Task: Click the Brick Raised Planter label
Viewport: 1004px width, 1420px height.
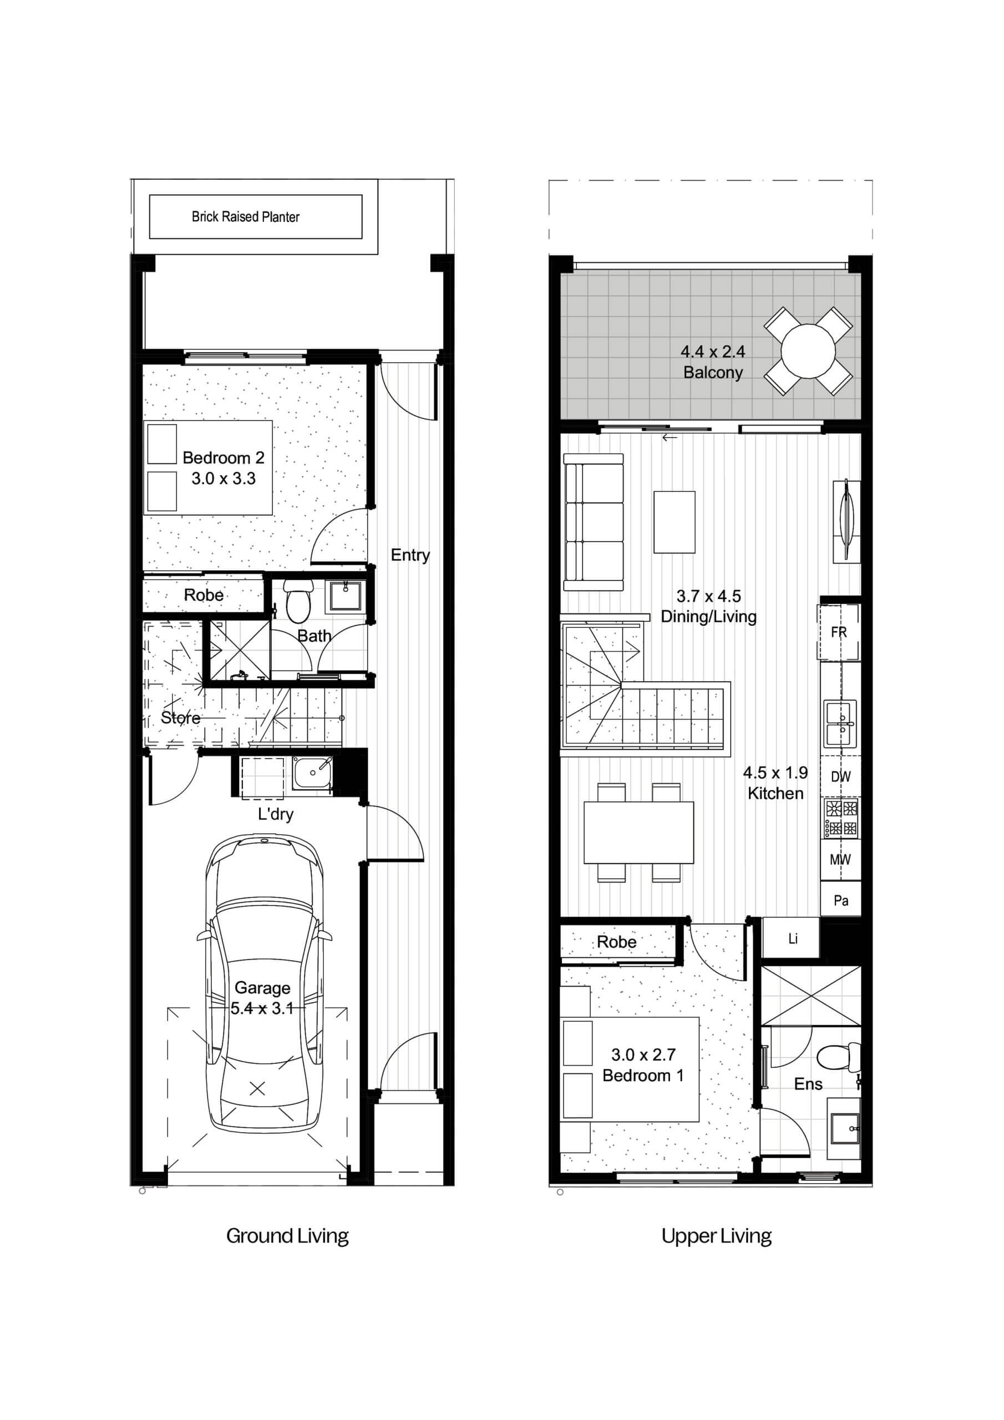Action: coord(246,216)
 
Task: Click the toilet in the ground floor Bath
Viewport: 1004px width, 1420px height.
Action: coord(297,601)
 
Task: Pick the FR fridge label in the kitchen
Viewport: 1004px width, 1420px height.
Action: coord(839,633)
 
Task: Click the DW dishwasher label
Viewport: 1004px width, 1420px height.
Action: coord(841,777)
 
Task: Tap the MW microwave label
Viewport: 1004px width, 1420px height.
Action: coord(840,859)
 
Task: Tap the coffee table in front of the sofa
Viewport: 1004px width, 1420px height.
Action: coord(675,522)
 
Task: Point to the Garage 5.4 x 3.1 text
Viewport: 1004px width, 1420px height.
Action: coord(262,998)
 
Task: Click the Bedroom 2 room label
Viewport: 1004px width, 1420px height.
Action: coord(224,458)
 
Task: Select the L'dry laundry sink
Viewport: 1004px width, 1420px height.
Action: coord(312,773)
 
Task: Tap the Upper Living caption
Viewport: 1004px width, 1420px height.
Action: coord(716,1236)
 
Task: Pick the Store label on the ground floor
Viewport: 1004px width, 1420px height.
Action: coord(181,717)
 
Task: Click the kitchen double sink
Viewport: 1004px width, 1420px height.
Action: coord(840,724)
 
